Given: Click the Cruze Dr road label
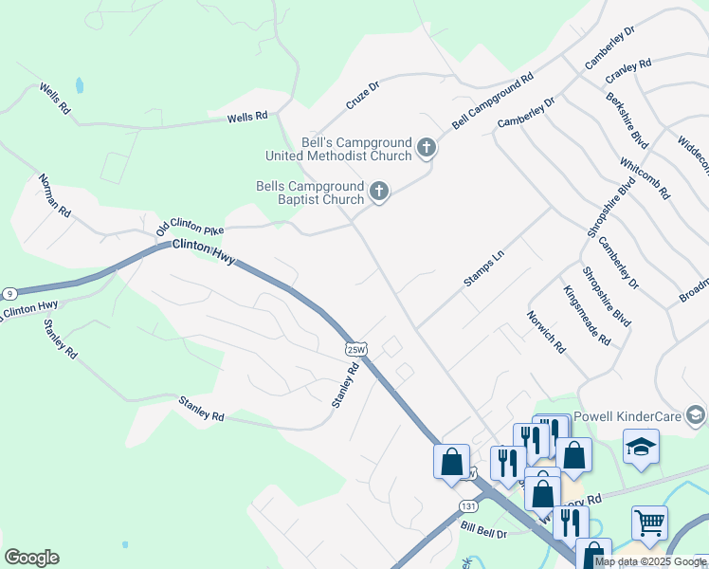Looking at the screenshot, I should [362, 93].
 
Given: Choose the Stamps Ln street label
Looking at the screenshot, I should [485, 268].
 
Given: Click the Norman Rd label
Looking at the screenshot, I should [55, 196].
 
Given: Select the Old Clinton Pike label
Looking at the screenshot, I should [191, 225].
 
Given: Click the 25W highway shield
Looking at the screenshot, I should [355, 349].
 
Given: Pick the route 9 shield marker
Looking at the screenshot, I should [8, 293].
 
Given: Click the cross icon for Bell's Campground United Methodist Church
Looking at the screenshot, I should [427, 147].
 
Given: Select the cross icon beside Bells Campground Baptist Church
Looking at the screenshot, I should [378, 192].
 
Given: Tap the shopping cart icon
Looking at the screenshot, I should [649, 523].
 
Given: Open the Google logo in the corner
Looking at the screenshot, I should [31, 558].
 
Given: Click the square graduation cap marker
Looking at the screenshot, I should [641, 447].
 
